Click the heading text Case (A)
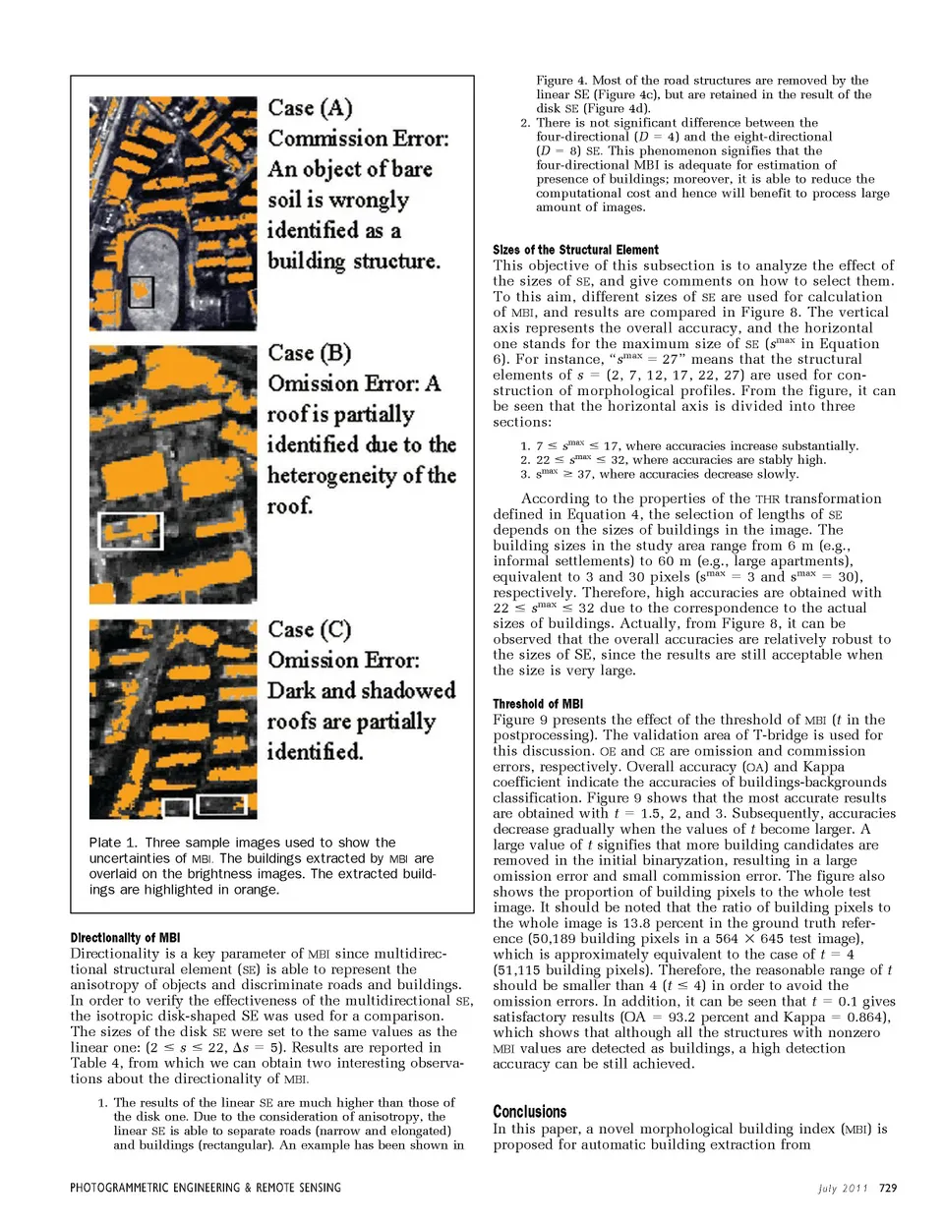310,108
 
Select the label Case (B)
309,353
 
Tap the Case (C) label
309,629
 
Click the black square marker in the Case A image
142,292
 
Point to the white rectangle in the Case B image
126,529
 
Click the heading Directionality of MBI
125,938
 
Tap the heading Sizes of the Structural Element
575,250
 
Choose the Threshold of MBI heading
538,704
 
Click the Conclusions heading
529,1111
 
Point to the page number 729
888,1188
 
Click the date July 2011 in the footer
843,1188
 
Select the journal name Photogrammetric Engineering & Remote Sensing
206,1188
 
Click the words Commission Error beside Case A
358,139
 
